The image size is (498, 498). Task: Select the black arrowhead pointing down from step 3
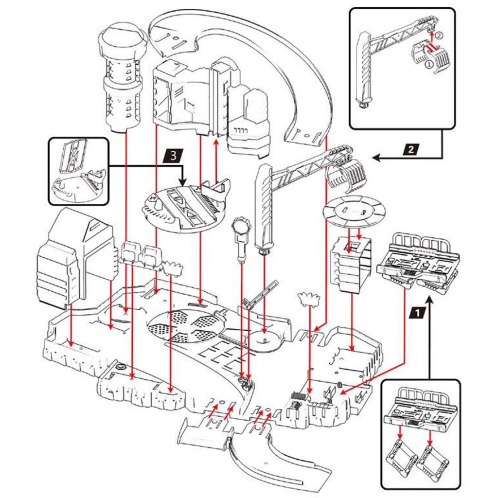coord(183,182)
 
